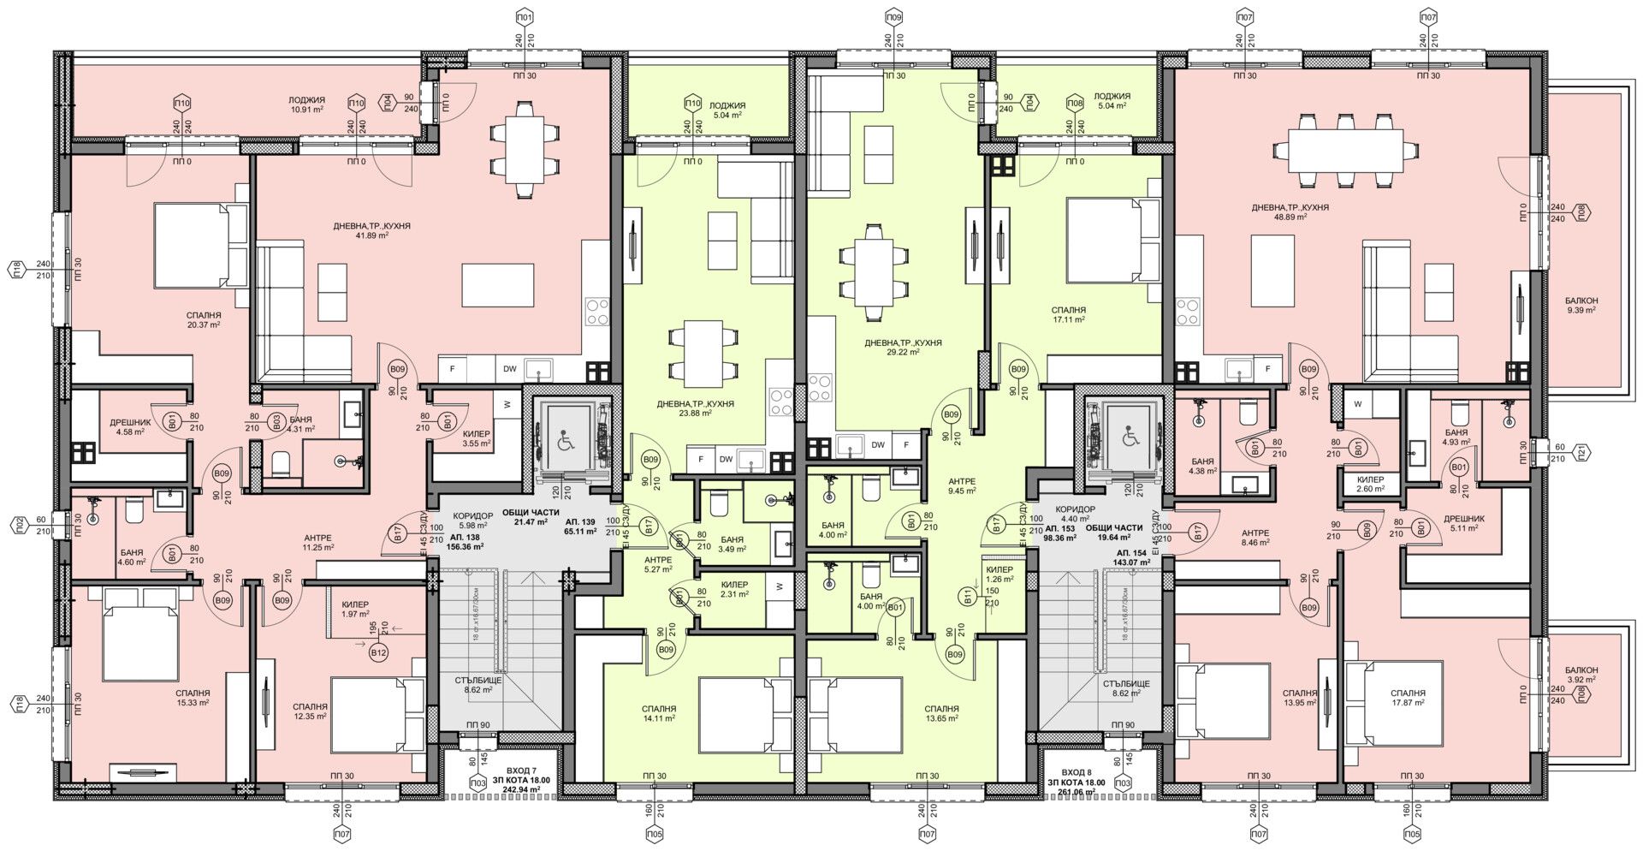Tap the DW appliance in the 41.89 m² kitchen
pyautogui.click(x=509, y=369)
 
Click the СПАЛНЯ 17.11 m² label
pyautogui.click(x=1069, y=314)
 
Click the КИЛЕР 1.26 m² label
pyautogui.click(x=999, y=574)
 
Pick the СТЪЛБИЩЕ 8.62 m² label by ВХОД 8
pyautogui.click(x=1125, y=689)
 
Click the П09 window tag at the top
pyautogui.click(x=894, y=17)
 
